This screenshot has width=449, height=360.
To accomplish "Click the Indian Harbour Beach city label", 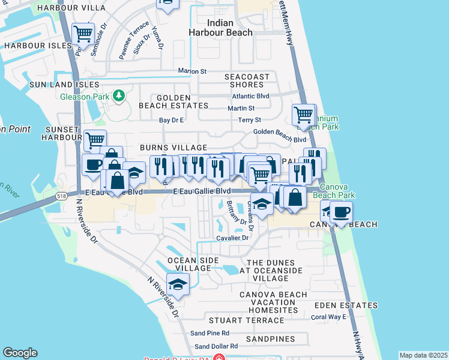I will [221, 28].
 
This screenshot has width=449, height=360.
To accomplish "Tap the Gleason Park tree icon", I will [119, 95].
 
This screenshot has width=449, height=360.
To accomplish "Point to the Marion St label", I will [192, 71].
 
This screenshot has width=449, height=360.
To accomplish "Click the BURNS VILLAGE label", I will [173, 148].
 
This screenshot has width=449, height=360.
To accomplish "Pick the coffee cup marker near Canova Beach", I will [341, 212].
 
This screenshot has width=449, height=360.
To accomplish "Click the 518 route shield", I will [61, 196].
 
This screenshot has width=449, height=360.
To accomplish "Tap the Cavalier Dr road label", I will [233, 238].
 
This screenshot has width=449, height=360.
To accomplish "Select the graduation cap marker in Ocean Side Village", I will [178, 284].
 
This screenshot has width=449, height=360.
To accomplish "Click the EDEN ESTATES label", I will [345, 305].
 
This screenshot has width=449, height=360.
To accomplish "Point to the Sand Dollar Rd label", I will [216, 346].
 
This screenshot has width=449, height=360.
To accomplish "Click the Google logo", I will [20, 353].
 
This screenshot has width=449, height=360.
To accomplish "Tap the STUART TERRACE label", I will [246, 320].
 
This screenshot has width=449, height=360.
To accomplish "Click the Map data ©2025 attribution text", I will [423, 355].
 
